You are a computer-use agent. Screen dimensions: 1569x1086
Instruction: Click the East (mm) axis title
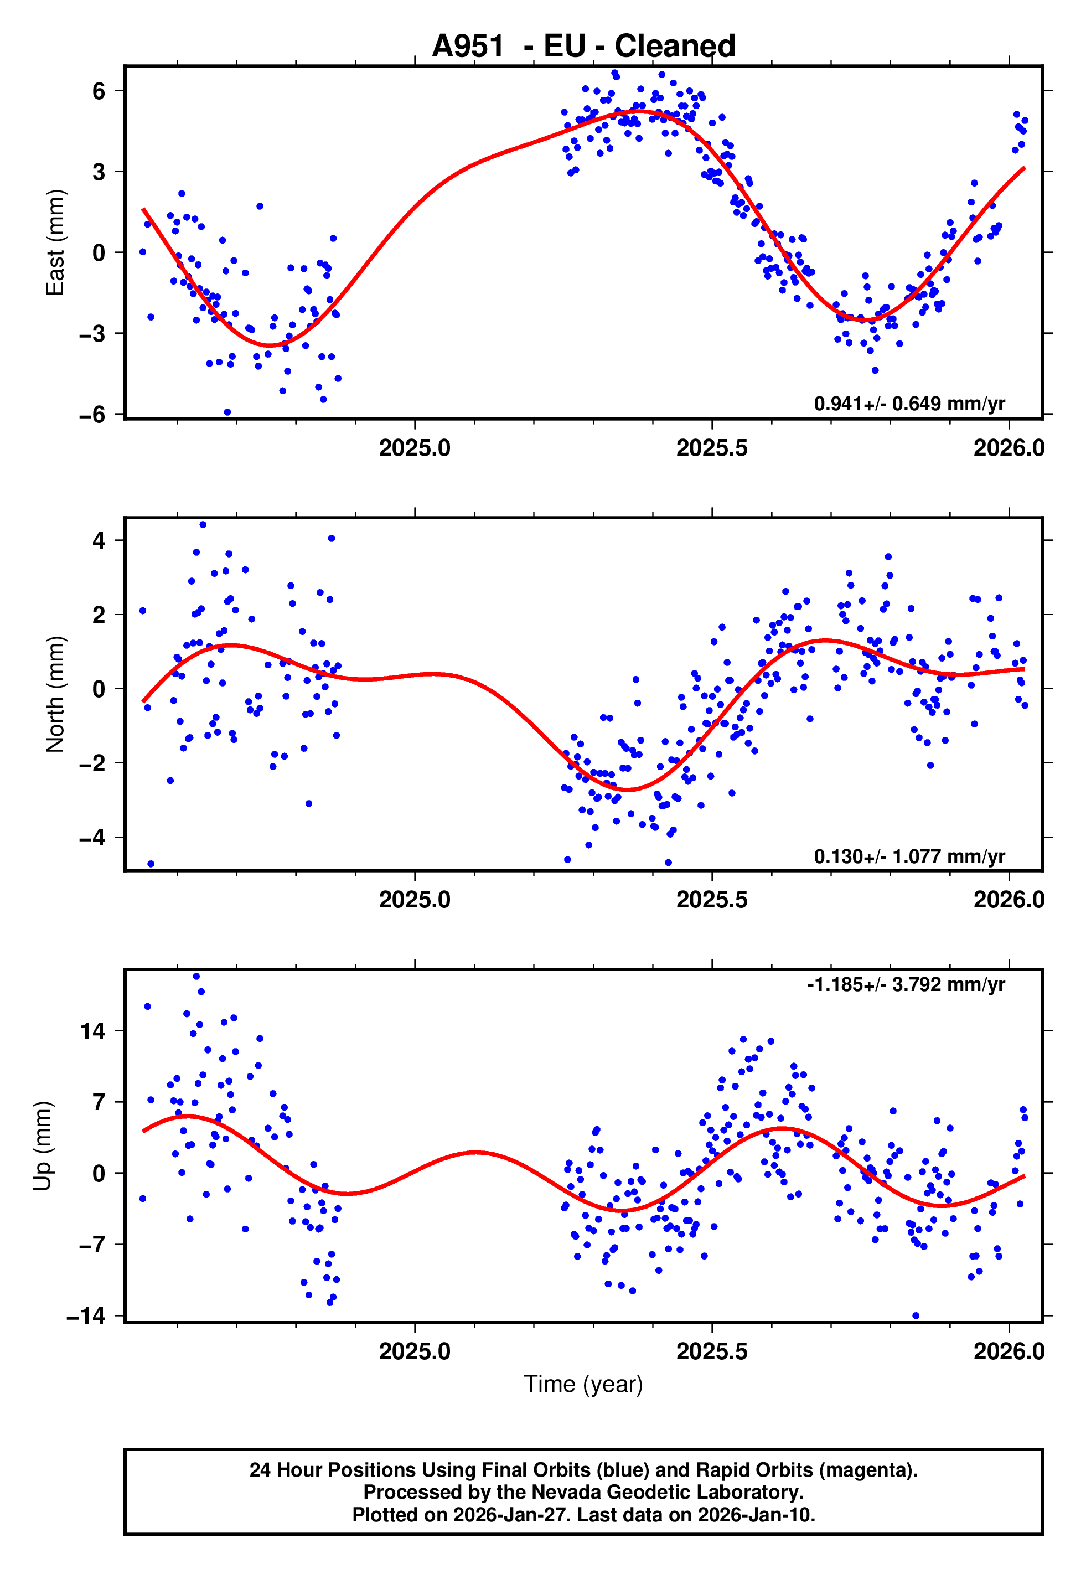55,243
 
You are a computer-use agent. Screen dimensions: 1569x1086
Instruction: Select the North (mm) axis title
55,694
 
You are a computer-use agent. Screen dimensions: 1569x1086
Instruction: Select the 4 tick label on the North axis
99,541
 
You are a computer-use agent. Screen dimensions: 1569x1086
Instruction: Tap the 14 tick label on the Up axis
92,1031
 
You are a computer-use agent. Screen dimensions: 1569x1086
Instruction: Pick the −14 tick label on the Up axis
86,1316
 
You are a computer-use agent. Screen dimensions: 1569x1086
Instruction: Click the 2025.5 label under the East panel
712,448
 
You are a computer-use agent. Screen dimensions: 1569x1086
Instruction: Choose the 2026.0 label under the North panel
1009,900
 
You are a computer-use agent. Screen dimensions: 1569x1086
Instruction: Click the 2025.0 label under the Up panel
415,1351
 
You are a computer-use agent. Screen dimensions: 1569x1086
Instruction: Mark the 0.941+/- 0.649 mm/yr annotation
909,404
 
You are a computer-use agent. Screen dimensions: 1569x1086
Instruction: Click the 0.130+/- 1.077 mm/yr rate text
909,856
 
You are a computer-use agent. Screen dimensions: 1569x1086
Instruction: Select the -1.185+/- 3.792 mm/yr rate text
906,984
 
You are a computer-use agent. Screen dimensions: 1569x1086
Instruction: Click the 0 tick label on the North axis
99,689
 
